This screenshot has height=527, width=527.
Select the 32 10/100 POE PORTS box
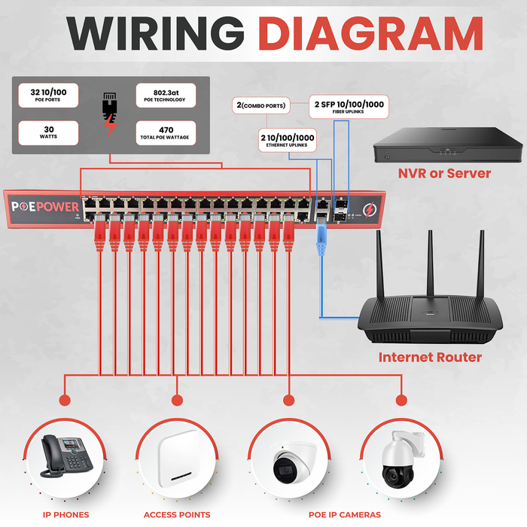tap(48, 96)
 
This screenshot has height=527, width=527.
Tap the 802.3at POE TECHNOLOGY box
tap(165, 96)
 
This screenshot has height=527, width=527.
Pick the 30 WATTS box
tap(48, 133)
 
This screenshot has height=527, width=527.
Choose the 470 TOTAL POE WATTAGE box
tap(165, 133)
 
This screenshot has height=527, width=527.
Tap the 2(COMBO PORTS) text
tap(261, 106)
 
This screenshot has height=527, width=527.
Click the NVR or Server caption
tap(444, 174)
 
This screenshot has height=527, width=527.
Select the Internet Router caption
tap(429, 357)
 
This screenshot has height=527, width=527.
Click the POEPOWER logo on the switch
tap(41, 207)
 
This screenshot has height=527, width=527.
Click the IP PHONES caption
tap(65, 515)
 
